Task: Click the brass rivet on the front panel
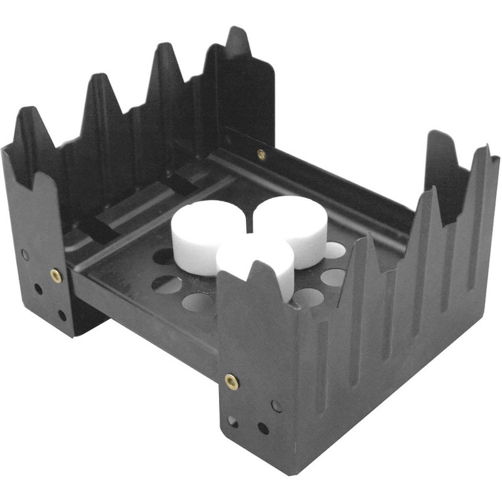coord(232,380)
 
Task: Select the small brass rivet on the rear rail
coord(261,154)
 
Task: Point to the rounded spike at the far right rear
coord(439,135)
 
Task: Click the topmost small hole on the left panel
coord(25,254)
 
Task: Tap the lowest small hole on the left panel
coord(61,316)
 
